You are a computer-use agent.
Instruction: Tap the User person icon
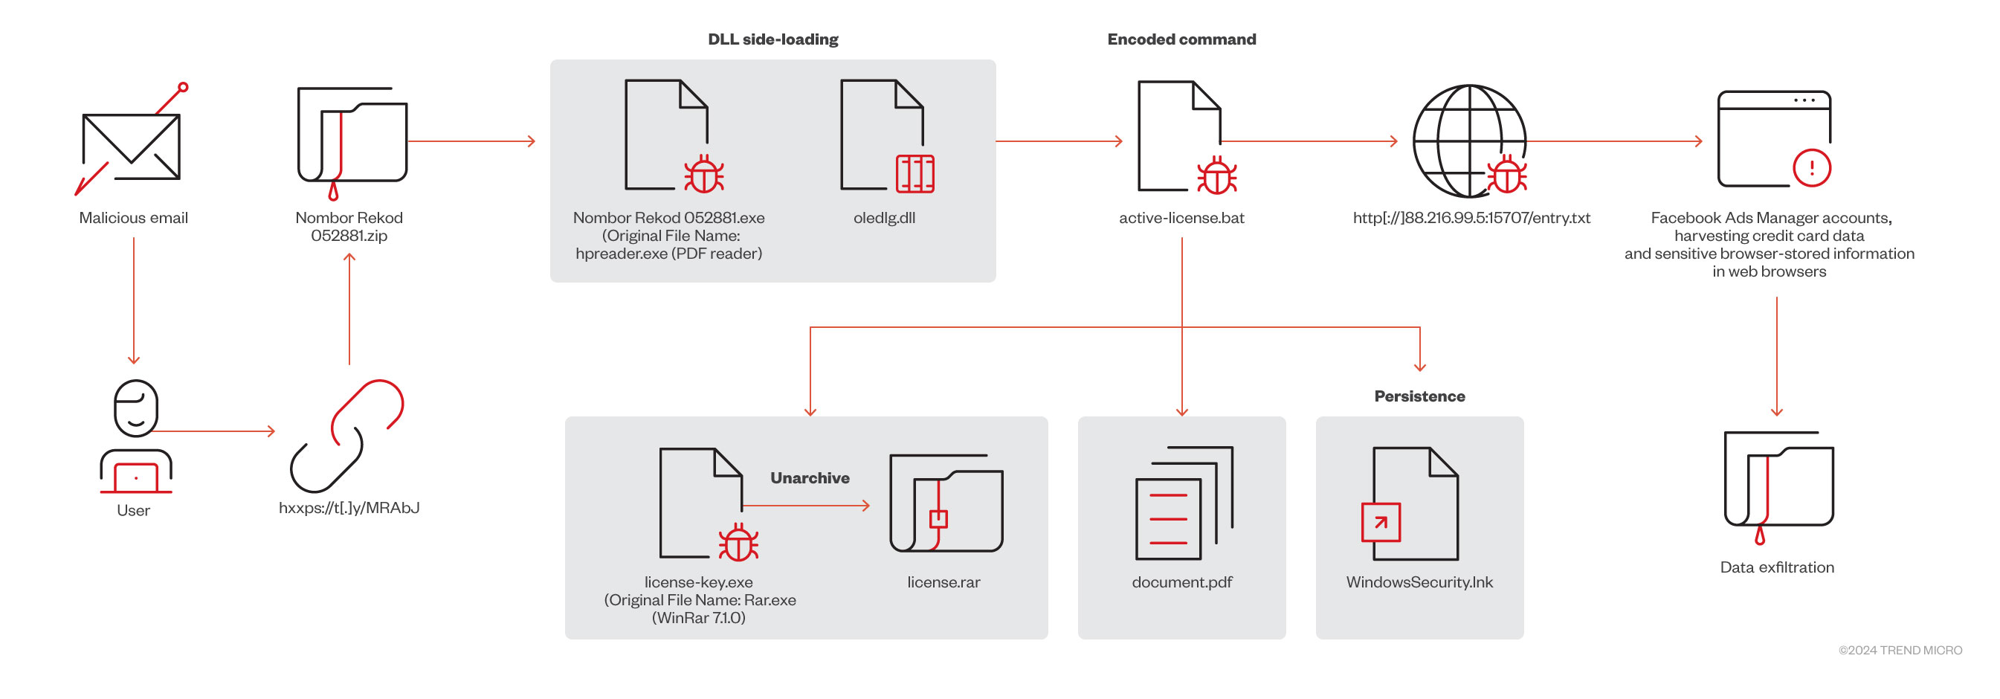click(x=136, y=435)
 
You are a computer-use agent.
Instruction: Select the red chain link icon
click(x=347, y=435)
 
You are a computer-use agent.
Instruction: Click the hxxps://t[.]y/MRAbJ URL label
click(x=349, y=508)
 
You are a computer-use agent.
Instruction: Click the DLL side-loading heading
click(x=772, y=39)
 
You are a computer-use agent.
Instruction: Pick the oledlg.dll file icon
click(x=885, y=135)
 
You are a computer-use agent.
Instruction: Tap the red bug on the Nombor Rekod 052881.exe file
click(x=703, y=175)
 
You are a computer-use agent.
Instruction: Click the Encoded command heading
click(x=1181, y=39)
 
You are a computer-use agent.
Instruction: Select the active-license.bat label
click(x=1181, y=218)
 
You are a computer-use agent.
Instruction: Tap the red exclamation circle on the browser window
click(x=1811, y=168)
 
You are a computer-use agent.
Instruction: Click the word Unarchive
click(x=809, y=478)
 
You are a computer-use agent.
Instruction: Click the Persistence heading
click(x=1419, y=397)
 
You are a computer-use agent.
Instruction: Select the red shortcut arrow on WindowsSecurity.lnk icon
click(x=1381, y=523)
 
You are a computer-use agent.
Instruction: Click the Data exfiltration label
click(x=1776, y=567)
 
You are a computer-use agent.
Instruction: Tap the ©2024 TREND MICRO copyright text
click(x=1899, y=651)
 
